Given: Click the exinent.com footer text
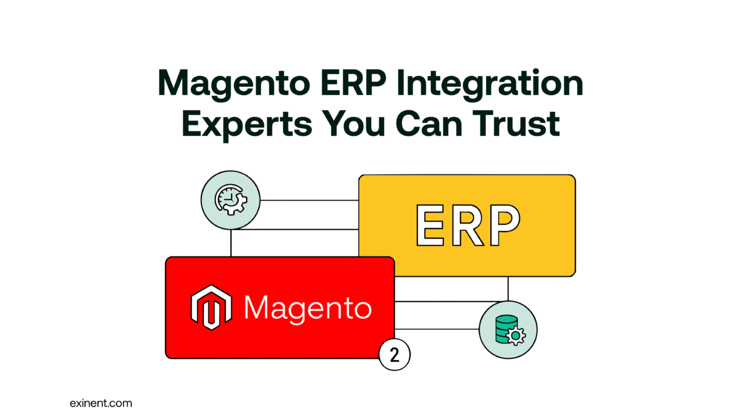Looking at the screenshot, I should coord(101,403).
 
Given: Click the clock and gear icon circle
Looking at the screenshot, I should coord(230,200).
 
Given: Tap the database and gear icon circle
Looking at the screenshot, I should coord(508,330).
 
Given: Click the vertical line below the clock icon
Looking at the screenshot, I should coord(230,243).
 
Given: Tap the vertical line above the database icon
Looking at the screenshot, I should coord(508,289).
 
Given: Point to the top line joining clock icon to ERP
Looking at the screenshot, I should coord(309,200).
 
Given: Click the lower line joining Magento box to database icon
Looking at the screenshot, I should coord(437,329).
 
